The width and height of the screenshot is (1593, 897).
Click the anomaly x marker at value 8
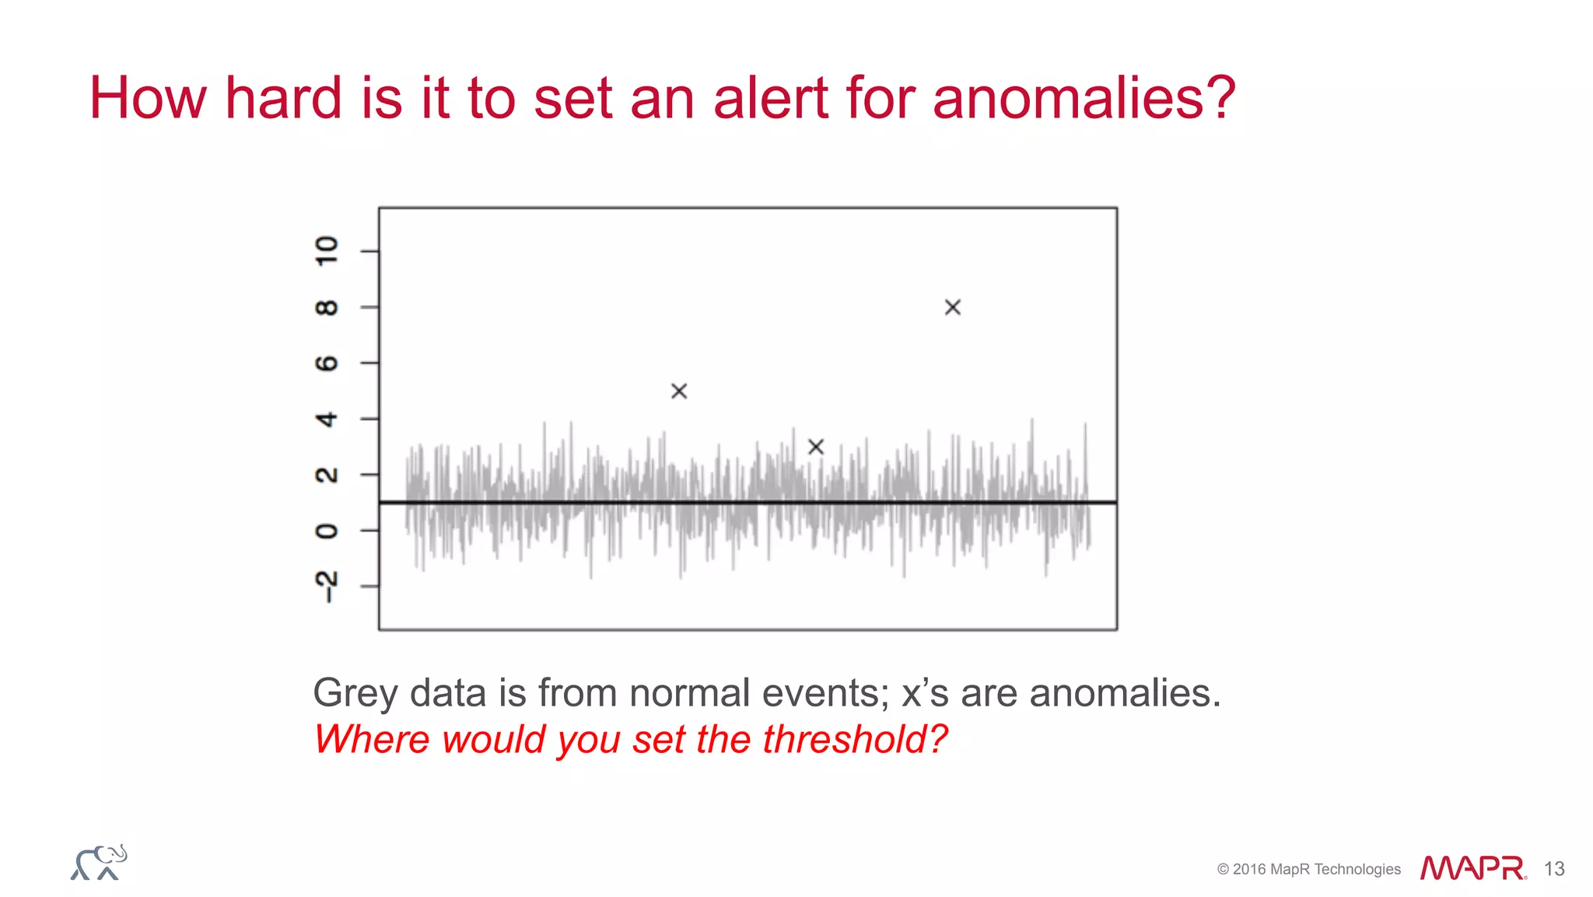952,307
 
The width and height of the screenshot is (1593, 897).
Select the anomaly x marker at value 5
679,391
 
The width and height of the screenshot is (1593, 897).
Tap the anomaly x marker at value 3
815,447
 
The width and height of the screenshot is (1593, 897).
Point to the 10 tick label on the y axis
327,251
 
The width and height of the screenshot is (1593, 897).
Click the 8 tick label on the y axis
327,308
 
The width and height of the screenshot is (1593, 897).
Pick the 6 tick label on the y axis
327,363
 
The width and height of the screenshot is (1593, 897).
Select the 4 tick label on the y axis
327,419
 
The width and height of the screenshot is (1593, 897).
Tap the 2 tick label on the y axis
327,475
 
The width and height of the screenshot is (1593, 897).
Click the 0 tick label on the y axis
327,531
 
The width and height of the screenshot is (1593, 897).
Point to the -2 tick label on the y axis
327,586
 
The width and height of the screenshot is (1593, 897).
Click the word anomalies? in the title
1084,99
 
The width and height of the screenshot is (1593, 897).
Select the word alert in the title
770,99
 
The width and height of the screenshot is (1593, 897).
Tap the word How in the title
149,99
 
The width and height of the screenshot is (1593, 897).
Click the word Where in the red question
372,739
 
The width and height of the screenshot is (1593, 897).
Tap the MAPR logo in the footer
1472,868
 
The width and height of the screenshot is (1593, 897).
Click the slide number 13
1553,869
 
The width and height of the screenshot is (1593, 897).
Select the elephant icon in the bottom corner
99,862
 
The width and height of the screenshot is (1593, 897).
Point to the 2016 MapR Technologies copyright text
1308,869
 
